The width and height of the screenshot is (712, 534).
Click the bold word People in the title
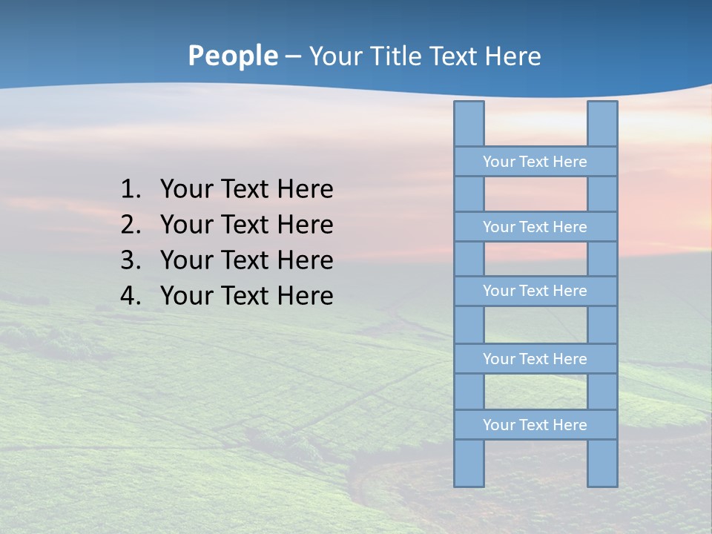click(232, 56)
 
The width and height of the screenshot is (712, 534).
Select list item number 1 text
click(246, 189)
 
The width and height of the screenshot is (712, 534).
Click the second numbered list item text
click(246, 225)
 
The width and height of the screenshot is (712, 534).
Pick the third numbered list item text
click(246, 260)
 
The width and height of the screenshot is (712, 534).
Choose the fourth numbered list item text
click(246, 296)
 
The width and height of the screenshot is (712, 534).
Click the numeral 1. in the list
click(131, 189)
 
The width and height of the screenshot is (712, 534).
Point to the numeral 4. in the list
click(131, 296)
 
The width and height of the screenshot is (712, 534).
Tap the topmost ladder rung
click(535, 162)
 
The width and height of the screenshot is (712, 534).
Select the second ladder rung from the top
click(535, 227)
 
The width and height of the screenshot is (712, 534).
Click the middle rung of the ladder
click(535, 291)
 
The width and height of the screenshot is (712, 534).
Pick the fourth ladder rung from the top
click(535, 359)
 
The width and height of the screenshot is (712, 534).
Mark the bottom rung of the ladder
click(535, 425)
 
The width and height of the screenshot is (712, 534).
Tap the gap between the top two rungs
click(535, 194)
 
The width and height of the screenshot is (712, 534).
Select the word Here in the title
click(512, 56)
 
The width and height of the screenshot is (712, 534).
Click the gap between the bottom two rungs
click(535, 392)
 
